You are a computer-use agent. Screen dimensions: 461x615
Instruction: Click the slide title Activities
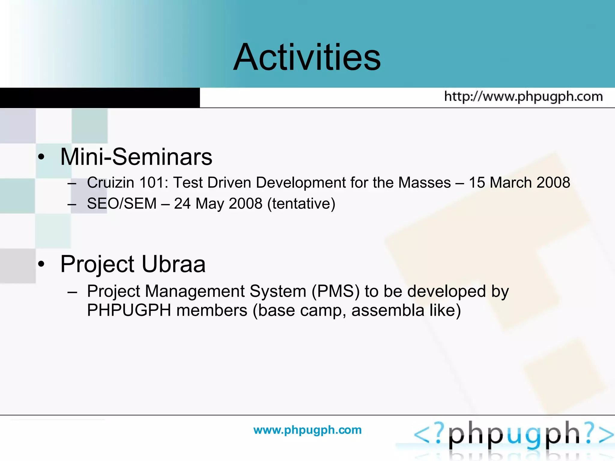tap(307, 57)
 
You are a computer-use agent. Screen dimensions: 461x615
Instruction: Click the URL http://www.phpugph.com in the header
tap(523, 97)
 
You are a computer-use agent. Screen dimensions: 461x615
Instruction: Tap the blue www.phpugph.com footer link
tap(307, 430)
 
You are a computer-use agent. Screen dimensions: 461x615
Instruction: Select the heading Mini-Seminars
tap(136, 157)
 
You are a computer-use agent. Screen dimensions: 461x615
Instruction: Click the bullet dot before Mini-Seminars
tap(41, 157)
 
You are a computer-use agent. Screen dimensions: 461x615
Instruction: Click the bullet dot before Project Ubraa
tap(41, 264)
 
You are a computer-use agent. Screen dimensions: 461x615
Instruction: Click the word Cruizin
tap(110, 182)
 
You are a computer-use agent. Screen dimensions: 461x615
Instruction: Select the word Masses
tap(424, 182)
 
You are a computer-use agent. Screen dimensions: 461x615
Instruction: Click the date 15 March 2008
tap(519, 182)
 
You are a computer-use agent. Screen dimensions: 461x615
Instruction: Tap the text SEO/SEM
tap(122, 203)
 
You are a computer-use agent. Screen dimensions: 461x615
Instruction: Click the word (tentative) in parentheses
tap(301, 203)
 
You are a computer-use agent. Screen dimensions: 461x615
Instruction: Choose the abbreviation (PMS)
tap(335, 291)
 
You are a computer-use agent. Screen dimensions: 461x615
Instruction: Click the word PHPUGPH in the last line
tap(129, 310)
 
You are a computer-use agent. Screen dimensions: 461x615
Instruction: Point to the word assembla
tap(388, 310)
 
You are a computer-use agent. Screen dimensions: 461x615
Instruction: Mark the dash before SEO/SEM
tap(72, 204)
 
